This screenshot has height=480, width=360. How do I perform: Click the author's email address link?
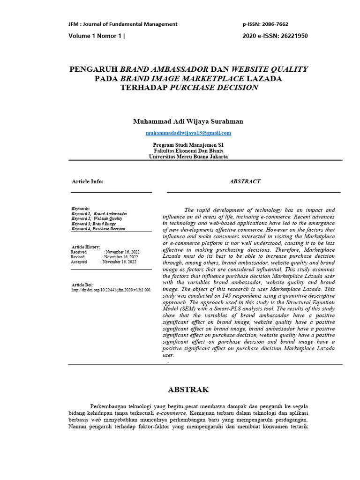[x=188, y=133]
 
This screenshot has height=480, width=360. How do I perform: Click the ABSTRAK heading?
[x=188, y=390]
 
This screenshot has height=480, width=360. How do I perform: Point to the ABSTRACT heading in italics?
[x=245, y=181]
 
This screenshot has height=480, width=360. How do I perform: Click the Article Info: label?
[x=88, y=181]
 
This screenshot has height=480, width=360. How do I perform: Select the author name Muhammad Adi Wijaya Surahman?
[x=188, y=121]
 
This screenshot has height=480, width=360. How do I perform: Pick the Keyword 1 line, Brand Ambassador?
[x=99, y=214]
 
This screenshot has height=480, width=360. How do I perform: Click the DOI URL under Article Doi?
[x=111, y=290]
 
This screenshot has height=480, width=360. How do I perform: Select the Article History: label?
[x=86, y=247]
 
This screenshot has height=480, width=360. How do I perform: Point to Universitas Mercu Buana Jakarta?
[x=188, y=157]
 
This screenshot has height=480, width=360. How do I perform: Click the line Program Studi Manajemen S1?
[x=188, y=145]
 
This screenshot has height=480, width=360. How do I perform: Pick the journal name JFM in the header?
[x=74, y=24]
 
